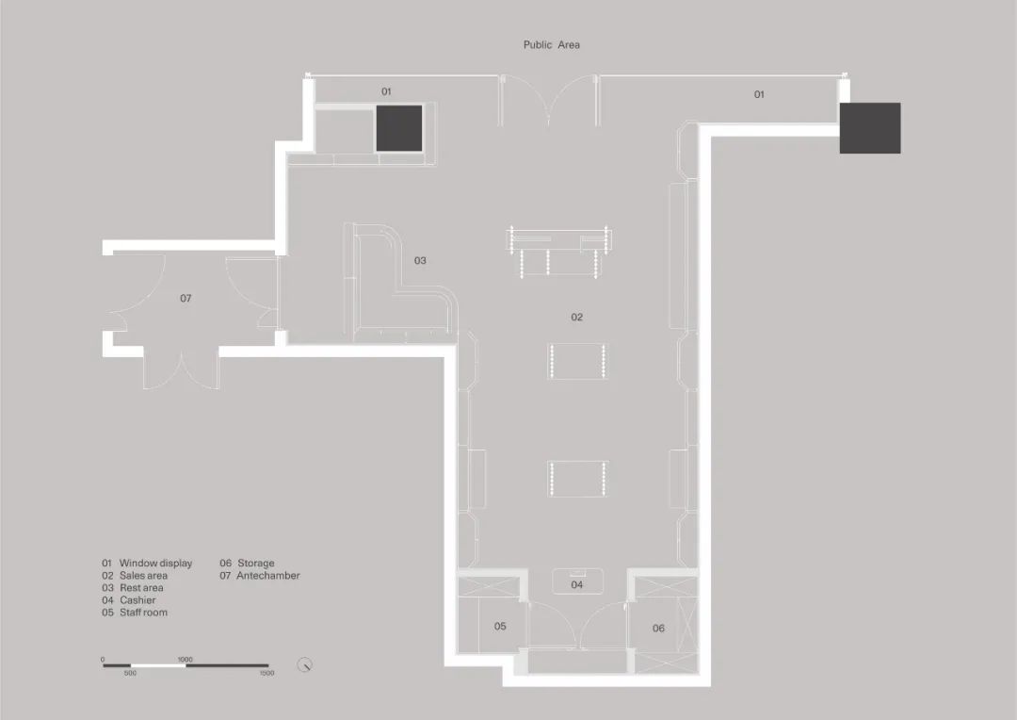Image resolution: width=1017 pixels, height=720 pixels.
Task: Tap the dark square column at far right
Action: [x=869, y=128]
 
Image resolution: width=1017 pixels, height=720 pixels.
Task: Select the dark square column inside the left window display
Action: [x=400, y=128]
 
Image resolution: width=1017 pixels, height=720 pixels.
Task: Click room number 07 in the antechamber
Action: [x=186, y=298]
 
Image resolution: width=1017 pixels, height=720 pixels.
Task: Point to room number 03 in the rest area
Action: [x=420, y=260]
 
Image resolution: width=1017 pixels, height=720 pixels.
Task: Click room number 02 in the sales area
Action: [x=576, y=318]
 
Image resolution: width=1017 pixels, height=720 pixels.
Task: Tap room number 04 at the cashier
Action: [x=577, y=585]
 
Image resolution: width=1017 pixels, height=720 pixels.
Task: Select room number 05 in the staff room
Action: [x=500, y=626]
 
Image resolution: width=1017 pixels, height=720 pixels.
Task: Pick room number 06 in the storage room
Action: [x=658, y=628]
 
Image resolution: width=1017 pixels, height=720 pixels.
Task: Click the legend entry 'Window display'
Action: [x=155, y=564]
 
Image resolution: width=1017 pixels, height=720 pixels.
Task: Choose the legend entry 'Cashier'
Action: [x=137, y=600]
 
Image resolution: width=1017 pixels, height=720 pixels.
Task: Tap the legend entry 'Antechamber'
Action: [x=267, y=576]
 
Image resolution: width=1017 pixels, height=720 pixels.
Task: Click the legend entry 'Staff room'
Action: [x=143, y=613]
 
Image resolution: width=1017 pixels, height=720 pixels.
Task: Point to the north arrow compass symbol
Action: [x=304, y=665]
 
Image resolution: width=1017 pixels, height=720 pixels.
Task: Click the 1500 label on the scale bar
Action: [x=266, y=674]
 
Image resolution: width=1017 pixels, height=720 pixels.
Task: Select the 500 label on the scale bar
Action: [x=130, y=674]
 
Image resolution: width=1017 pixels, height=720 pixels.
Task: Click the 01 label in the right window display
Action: [x=759, y=94]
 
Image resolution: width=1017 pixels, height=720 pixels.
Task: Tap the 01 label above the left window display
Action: [x=386, y=91]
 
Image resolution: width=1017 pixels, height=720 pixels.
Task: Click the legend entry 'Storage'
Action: [x=255, y=564]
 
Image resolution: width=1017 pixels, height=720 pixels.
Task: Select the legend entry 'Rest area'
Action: [x=141, y=588]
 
